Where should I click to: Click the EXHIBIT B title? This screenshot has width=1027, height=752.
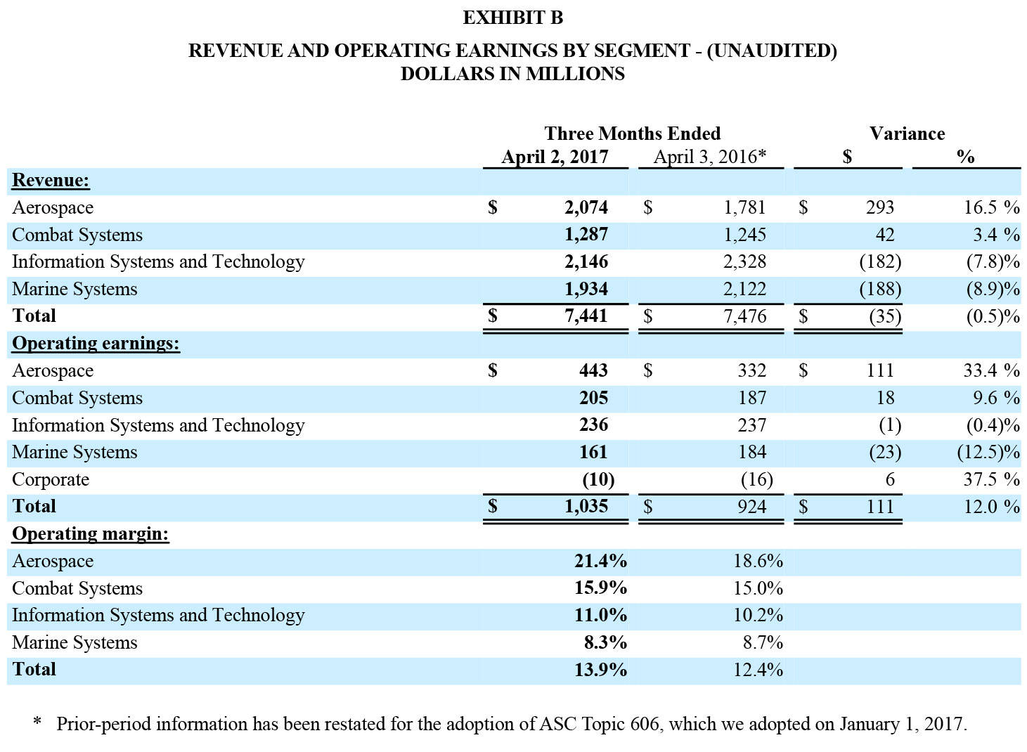(x=512, y=18)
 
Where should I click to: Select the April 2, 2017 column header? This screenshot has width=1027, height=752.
(x=555, y=157)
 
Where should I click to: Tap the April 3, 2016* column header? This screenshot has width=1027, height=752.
(x=710, y=157)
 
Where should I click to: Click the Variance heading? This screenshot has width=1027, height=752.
(x=907, y=134)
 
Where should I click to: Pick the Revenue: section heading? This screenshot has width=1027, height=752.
(x=51, y=180)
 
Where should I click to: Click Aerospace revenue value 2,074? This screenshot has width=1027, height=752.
(x=586, y=207)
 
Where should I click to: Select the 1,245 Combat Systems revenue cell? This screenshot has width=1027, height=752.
(x=744, y=235)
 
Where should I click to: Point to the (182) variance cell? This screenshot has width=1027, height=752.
(x=880, y=261)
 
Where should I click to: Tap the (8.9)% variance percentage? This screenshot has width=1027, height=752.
(x=993, y=289)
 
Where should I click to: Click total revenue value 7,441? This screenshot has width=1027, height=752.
(x=586, y=316)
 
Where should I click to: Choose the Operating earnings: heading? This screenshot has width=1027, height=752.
(x=96, y=343)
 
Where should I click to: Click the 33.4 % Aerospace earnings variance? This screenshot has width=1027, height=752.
(x=992, y=370)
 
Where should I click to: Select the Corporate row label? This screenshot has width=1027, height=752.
(x=51, y=480)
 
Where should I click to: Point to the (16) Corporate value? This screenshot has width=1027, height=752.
(x=757, y=479)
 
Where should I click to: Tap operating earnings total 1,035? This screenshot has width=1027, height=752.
(x=586, y=507)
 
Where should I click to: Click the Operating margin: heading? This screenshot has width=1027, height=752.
(x=90, y=534)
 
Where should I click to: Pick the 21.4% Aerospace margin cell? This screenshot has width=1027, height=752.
(x=600, y=561)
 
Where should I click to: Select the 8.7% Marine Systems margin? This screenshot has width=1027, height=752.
(x=763, y=642)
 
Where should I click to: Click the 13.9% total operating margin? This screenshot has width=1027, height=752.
(x=600, y=670)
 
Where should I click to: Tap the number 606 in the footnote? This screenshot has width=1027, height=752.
(x=646, y=725)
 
